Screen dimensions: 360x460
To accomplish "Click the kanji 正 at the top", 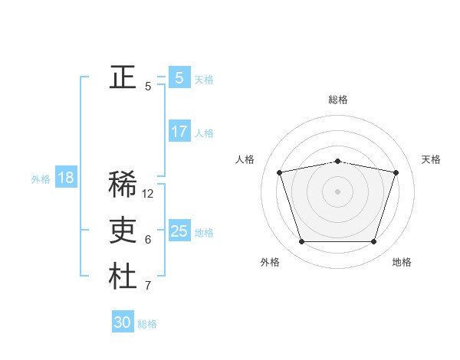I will coord(123,77).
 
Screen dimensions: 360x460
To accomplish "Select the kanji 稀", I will coord(123,185).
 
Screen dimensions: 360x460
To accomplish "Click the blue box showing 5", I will coord(179,77).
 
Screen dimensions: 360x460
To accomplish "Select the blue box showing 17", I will coord(179,132).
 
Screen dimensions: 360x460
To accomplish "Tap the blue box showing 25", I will coord(179,231).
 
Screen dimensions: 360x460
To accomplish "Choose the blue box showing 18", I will coord(66,178).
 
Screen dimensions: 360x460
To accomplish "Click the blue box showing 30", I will coord(123,322).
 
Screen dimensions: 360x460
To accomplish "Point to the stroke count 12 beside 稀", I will coord(148,194).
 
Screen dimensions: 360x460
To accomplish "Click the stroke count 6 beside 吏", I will coord(148,240).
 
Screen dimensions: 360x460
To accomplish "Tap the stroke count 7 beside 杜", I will coord(148,286).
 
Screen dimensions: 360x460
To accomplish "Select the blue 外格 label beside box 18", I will coord(41,179).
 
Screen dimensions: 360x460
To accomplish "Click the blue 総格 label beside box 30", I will coord(147,324).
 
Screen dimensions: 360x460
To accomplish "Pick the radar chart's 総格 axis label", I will coord(337,100).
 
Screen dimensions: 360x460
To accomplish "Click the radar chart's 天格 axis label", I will coord(431,159).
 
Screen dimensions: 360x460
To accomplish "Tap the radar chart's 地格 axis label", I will coord(402,262).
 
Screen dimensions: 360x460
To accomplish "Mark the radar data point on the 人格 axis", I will coord(279,172).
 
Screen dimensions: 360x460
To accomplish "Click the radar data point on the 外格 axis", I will coord(301,242).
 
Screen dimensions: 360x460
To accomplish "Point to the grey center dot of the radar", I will coord(337,191).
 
